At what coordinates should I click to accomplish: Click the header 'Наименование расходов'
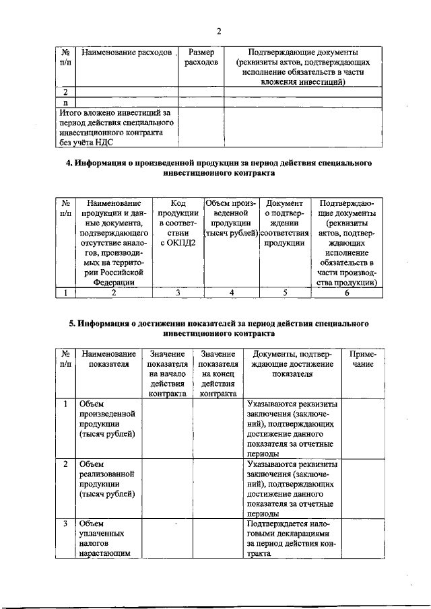tap(126, 52)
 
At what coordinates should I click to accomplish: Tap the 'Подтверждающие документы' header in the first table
tap(302, 67)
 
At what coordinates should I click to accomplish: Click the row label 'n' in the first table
tap(65, 102)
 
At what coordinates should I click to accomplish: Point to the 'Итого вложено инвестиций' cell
tap(115, 127)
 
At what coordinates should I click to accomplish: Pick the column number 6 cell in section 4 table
tap(347, 292)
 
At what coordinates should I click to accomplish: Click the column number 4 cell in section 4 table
tap(231, 292)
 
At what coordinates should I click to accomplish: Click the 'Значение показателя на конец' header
tap(218, 373)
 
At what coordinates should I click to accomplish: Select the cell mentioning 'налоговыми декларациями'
tap(292, 538)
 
